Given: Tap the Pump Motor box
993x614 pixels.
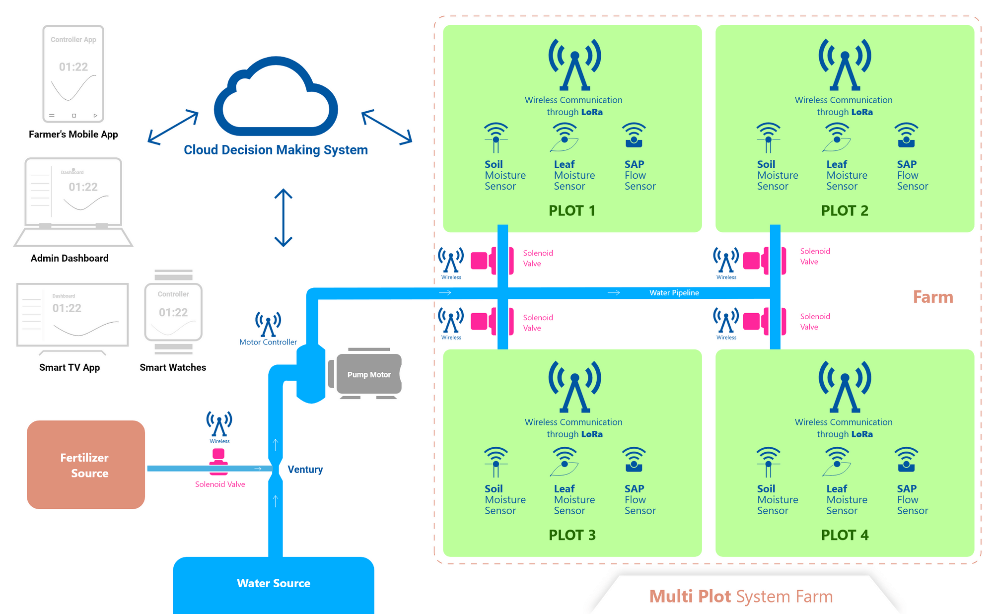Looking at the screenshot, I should (369, 374).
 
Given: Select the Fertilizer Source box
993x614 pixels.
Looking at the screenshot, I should (86, 465).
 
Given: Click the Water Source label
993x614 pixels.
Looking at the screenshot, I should (274, 583).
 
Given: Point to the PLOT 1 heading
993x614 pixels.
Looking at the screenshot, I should (571, 210).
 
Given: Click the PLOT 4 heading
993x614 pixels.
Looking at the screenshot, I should (845, 535).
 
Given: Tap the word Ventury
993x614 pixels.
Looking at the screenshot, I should (305, 470).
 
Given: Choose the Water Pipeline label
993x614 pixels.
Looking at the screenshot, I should (674, 293).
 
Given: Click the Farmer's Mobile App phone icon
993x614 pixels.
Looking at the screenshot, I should (73, 73).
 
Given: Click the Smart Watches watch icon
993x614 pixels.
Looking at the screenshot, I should (173, 312).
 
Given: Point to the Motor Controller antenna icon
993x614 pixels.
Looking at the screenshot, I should (268, 324).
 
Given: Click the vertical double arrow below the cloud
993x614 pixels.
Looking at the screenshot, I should (283, 217).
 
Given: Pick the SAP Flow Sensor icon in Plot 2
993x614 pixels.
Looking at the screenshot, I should (906, 136).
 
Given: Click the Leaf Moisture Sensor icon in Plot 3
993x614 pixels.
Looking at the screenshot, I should (565, 462).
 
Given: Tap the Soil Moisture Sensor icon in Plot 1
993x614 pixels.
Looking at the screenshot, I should (496, 137).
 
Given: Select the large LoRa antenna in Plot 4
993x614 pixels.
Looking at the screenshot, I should (845, 387).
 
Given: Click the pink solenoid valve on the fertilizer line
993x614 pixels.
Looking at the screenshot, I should (218, 461).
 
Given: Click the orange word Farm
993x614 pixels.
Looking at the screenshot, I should (933, 297).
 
